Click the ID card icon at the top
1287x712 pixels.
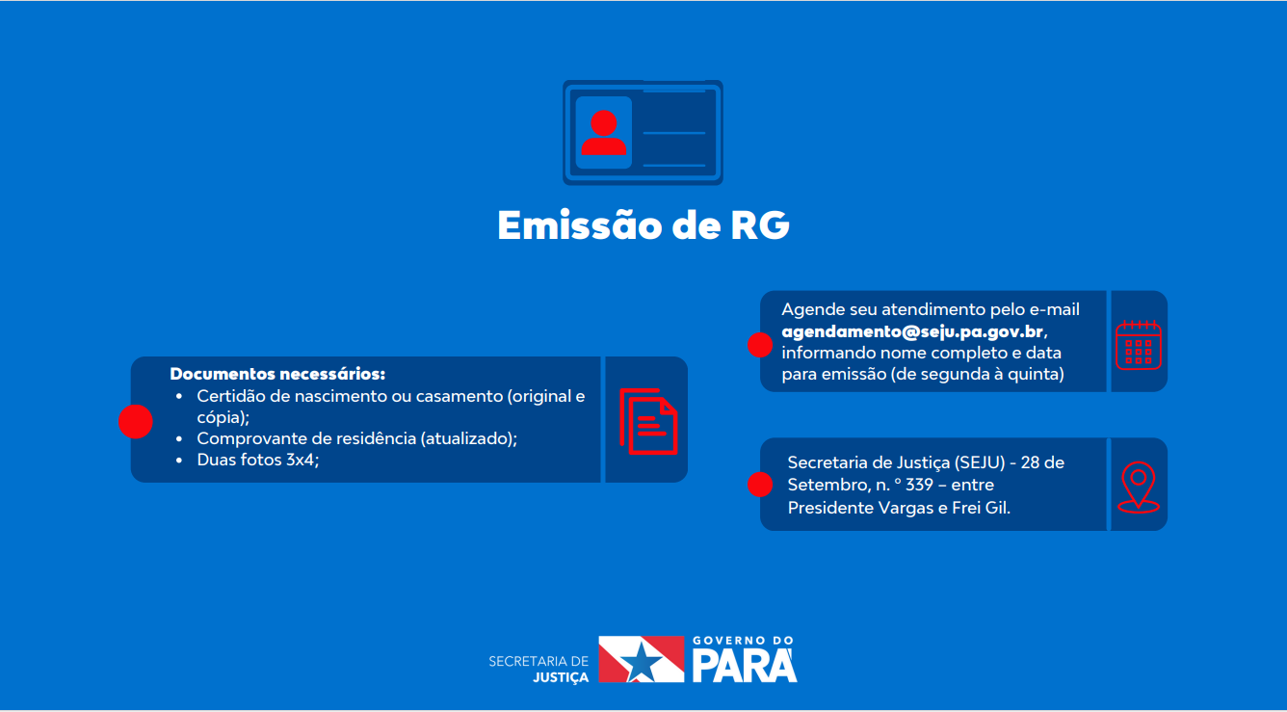pos(643,132)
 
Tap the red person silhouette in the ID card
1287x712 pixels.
pos(604,133)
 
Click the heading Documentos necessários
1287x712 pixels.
pos(277,374)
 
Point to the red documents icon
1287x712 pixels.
pos(647,420)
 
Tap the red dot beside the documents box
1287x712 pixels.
pos(136,421)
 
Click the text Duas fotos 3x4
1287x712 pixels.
pos(256,460)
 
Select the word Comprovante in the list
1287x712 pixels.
pos(243,438)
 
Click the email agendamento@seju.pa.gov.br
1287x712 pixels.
pos(912,331)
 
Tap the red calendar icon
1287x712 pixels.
pos(1139,344)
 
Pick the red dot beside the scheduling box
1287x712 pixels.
pos(760,344)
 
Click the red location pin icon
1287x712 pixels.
pos(1139,487)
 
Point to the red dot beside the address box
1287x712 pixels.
pos(760,485)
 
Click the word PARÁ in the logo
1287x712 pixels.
pos(745,665)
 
